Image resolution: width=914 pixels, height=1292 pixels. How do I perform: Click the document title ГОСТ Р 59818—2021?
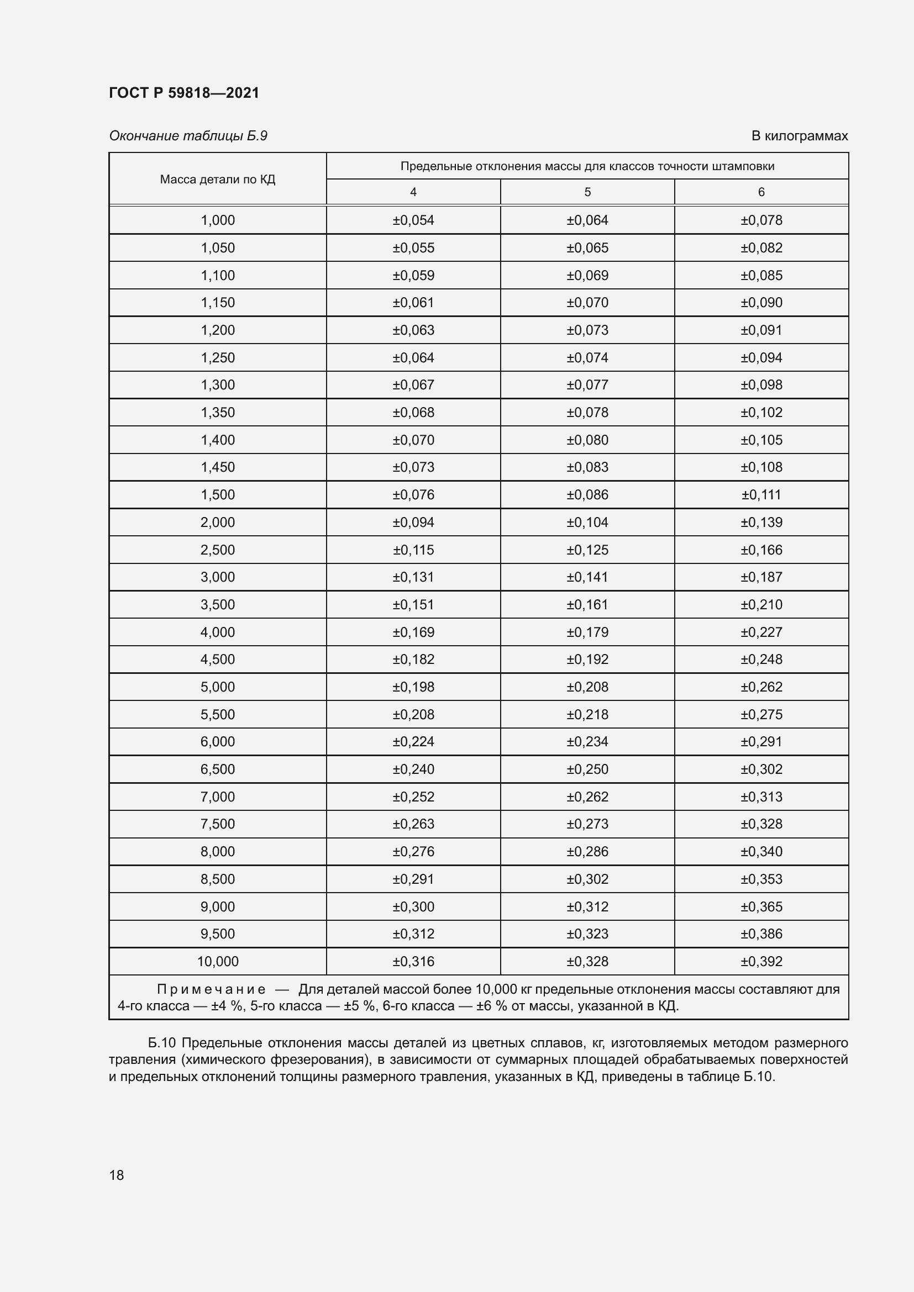click(184, 93)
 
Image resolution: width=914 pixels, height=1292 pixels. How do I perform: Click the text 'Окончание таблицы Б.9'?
click(188, 136)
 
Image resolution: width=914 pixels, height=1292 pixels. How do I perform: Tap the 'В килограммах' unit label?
click(799, 136)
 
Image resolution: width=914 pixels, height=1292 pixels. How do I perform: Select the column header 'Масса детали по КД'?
click(217, 180)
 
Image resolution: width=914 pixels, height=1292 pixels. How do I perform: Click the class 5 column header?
click(587, 192)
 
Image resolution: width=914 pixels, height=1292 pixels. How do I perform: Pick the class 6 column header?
click(761, 192)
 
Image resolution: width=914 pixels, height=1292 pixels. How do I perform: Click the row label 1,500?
click(217, 494)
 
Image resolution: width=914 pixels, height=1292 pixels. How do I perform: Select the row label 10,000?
click(217, 961)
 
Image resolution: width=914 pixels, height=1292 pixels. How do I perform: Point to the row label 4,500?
click(217, 659)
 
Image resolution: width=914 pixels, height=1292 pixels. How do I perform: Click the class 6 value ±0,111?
click(761, 494)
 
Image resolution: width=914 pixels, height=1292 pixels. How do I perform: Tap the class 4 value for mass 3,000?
click(413, 577)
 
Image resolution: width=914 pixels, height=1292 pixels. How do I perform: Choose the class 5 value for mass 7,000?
click(587, 797)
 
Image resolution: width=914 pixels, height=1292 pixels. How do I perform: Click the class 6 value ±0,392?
click(761, 961)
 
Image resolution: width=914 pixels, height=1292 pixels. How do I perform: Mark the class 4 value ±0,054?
click(413, 220)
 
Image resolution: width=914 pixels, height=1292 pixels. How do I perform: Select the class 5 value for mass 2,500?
click(587, 550)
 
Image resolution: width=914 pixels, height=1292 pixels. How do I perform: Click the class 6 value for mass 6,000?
click(761, 742)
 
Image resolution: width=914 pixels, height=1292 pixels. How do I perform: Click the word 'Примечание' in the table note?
click(211, 989)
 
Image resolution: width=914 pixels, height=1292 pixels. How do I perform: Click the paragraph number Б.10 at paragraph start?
click(162, 1043)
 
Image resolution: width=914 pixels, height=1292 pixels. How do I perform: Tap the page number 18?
click(117, 1175)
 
